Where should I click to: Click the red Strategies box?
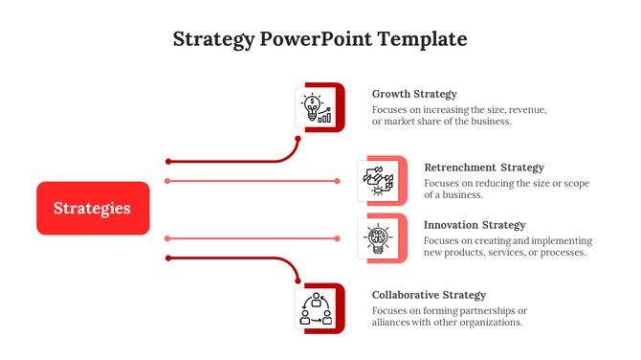tap(93, 208)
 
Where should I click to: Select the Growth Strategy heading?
tap(414, 94)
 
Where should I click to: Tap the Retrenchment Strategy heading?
tap(483, 168)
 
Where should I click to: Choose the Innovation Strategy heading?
tap(475, 225)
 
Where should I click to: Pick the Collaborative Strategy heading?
tap(429, 295)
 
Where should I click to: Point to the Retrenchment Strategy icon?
tap(377, 180)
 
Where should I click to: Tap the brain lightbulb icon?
tap(377, 237)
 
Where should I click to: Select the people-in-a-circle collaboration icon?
tap(316, 309)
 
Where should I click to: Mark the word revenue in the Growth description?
tap(526, 110)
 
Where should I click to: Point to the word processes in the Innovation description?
tap(561, 253)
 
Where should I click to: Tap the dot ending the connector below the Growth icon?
tap(298, 139)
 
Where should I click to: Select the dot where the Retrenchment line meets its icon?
tap(338, 180)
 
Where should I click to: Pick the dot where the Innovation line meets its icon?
tap(338, 237)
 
